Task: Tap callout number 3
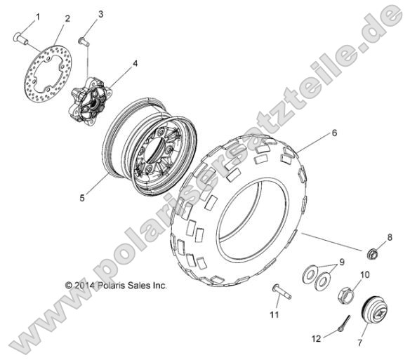[x=100, y=14]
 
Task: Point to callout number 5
[x=82, y=199]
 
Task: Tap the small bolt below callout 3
[x=85, y=41]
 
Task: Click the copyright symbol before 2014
[x=69, y=286]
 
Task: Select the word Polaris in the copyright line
[x=112, y=286]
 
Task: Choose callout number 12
[x=317, y=338]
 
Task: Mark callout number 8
[x=389, y=237]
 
